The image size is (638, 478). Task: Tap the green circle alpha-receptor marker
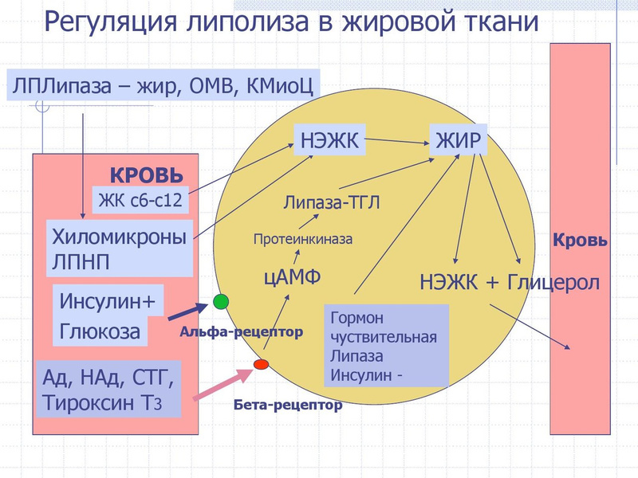pos(222,301)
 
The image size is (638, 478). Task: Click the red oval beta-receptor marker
pos(260,365)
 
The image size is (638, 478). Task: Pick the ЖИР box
pos(458,139)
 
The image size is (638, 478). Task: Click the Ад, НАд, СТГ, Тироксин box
pos(109,389)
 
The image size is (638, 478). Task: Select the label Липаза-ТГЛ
pos(331,202)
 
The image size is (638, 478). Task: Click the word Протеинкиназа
pos(302,238)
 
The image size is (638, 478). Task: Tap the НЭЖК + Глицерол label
pos(509,283)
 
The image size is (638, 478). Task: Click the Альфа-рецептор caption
pos(242,331)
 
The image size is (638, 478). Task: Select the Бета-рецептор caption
pos(288,405)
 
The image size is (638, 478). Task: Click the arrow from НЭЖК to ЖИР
pos(397,142)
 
